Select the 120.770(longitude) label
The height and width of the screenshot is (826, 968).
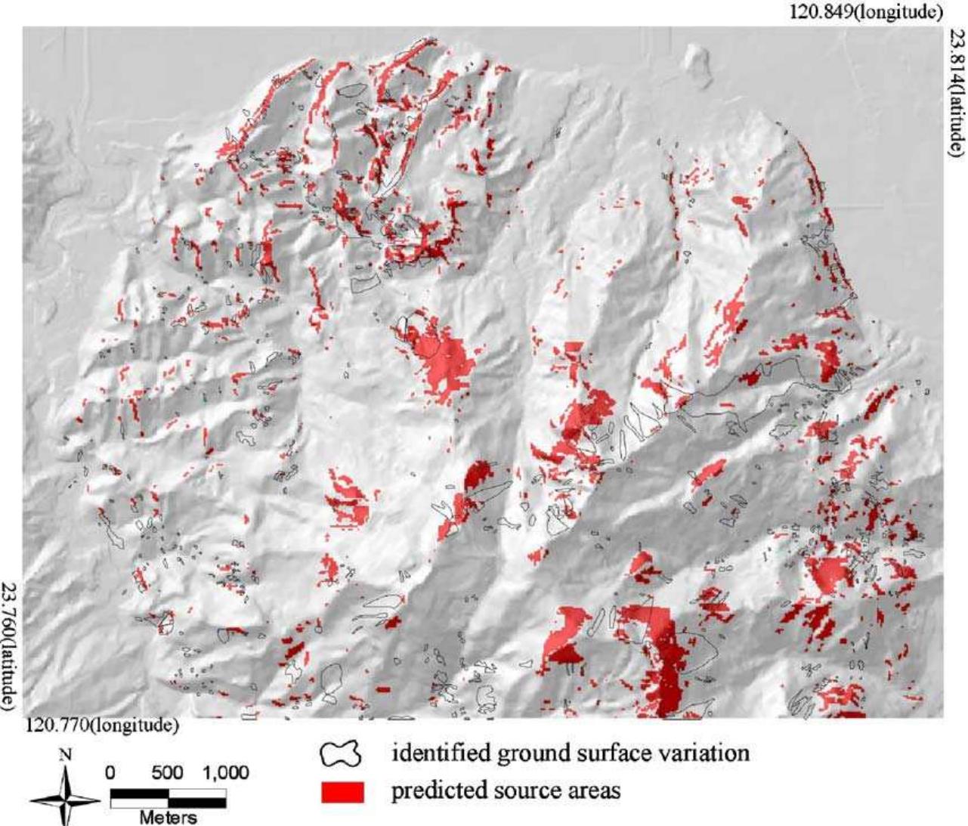pyautogui.click(x=103, y=725)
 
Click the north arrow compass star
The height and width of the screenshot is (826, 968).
pyautogui.click(x=66, y=799)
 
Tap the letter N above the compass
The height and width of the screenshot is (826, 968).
pyautogui.click(x=66, y=755)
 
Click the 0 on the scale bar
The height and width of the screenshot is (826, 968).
pyautogui.click(x=110, y=773)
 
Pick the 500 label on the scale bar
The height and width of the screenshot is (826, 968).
pyautogui.click(x=167, y=773)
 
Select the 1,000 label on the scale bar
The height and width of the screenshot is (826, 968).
pyautogui.click(x=224, y=773)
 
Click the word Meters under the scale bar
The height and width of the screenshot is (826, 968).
pyautogui.click(x=168, y=817)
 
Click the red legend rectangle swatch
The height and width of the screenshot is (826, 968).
pyautogui.click(x=342, y=791)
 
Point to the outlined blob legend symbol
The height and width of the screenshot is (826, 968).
pyautogui.click(x=342, y=754)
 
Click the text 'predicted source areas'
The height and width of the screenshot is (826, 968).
pyautogui.click(x=506, y=790)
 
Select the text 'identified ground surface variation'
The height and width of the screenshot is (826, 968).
pyautogui.click(x=570, y=753)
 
